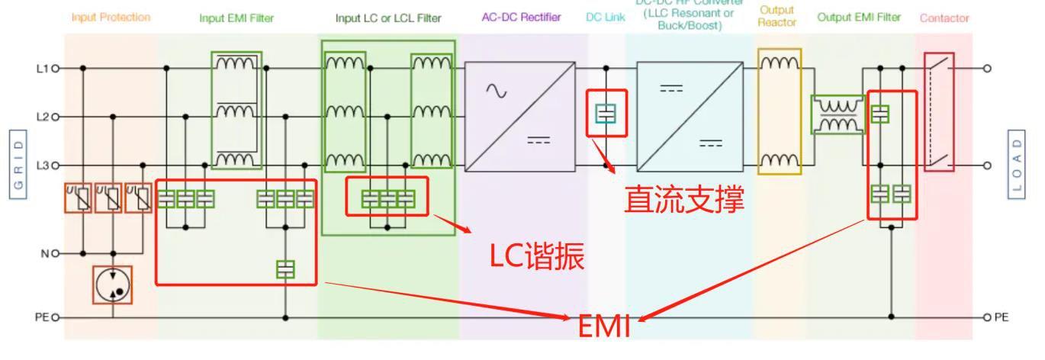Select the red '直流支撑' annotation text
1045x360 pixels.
click(x=683, y=201)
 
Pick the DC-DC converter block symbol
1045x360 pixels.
click(x=690, y=117)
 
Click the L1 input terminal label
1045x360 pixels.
click(x=43, y=69)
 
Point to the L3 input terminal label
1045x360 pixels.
click(x=43, y=165)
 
